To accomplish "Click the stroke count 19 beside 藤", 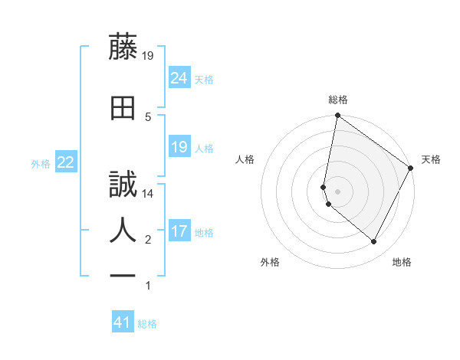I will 149,55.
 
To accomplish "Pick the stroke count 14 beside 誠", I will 149,194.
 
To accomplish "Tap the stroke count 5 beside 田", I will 148,116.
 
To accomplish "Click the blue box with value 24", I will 179,77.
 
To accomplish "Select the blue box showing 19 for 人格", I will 179,147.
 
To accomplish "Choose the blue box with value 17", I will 179,231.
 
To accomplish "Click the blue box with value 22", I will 65,162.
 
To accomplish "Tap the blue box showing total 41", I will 123,322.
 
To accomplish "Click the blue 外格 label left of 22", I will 41,164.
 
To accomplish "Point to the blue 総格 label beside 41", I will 147,324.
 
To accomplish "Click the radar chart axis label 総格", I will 337,100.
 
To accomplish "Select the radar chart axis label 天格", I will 431,159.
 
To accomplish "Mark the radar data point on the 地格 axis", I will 374,242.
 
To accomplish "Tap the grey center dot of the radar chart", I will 337,191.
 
